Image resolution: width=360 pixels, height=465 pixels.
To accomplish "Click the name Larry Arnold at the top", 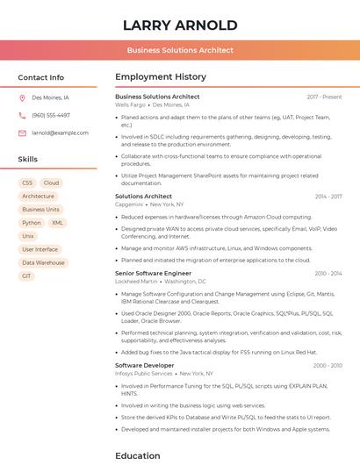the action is point(180,25).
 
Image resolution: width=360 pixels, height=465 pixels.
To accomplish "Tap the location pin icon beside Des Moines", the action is point(22,98).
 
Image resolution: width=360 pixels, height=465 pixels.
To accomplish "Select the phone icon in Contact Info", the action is point(22,115).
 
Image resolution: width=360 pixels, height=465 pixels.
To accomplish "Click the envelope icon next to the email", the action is point(22,132).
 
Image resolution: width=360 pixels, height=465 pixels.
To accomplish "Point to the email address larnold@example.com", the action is point(60,132).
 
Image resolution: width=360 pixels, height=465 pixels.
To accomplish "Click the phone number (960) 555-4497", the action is point(51,115).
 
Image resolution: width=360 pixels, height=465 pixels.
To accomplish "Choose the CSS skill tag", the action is point(27,182).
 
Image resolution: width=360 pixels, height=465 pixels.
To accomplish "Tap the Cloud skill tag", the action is point(51,182).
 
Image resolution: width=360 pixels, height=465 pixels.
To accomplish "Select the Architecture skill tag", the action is point(38,197).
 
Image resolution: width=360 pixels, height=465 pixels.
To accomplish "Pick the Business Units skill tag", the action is point(40,210).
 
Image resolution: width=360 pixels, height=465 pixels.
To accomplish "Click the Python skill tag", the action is point(32,223).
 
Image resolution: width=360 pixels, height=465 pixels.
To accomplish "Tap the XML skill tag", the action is point(58,223).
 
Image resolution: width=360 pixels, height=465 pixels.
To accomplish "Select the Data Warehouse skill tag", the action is point(43,262).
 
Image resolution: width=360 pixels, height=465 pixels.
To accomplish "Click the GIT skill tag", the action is point(26,275).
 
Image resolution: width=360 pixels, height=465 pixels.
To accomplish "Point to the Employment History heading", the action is point(161,77).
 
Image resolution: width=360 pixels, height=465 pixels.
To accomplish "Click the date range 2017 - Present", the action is point(324,97).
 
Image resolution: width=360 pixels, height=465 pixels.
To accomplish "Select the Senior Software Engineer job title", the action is point(153,273).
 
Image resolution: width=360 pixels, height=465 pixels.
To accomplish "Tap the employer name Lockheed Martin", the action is point(136,282).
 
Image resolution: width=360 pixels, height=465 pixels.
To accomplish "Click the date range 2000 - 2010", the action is point(327,365).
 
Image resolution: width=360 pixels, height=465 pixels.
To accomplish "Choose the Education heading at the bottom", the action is point(138,455).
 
